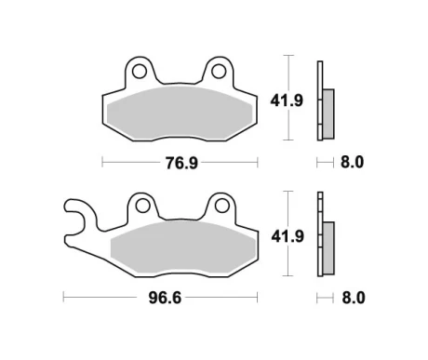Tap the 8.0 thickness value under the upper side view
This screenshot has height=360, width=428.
353,163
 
